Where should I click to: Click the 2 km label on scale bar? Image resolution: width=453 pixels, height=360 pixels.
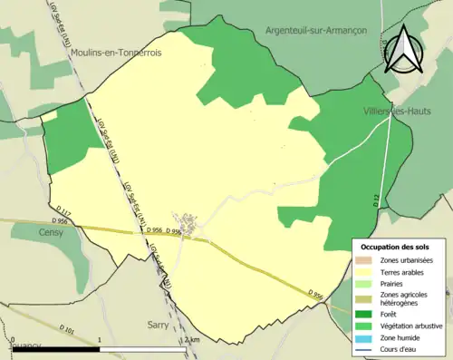190,340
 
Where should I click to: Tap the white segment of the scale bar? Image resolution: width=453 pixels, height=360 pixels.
145,349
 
